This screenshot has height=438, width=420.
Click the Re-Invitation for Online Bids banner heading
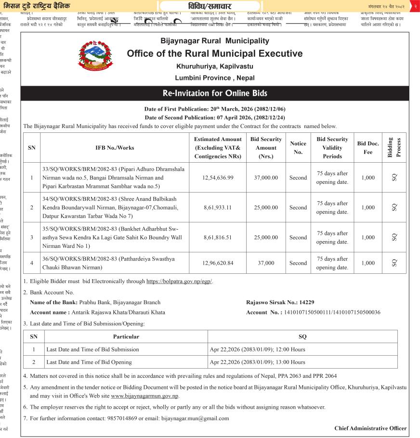[x=215, y=93]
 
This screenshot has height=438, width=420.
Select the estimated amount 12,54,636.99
[x=212, y=178]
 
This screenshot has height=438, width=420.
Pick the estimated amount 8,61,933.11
[x=212, y=207]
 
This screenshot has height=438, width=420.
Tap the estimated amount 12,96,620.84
[x=212, y=263]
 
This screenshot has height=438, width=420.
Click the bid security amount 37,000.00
[x=266, y=178]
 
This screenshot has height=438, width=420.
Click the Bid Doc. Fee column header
[x=368, y=148]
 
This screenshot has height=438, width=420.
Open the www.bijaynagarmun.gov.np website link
[x=144, y=396]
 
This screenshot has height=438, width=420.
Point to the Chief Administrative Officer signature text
[x=370, y=428]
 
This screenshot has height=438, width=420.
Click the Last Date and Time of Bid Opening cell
[x=92, y=362]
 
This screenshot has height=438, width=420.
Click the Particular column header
[x=126, y=336]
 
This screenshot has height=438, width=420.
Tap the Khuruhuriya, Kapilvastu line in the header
[x=215, y=66]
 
